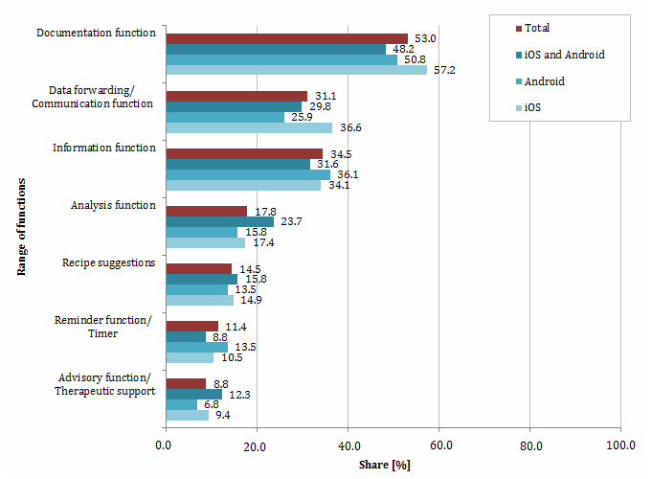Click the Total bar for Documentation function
click(286, 38)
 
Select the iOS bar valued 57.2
click(296, 70)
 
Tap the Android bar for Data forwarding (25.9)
click(225, 117)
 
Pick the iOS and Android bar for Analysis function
click(220, 221)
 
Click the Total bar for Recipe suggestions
click(199, 268)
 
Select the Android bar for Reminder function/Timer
click(197, 347)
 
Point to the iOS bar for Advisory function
click(188, 415)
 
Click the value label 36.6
click(348, 127)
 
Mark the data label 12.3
click(236, 394)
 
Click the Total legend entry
click(537, 28)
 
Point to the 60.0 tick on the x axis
click(438, 445)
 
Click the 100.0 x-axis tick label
click(620, 445)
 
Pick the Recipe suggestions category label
click(108, 262)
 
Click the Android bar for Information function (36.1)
click(248, 174)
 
